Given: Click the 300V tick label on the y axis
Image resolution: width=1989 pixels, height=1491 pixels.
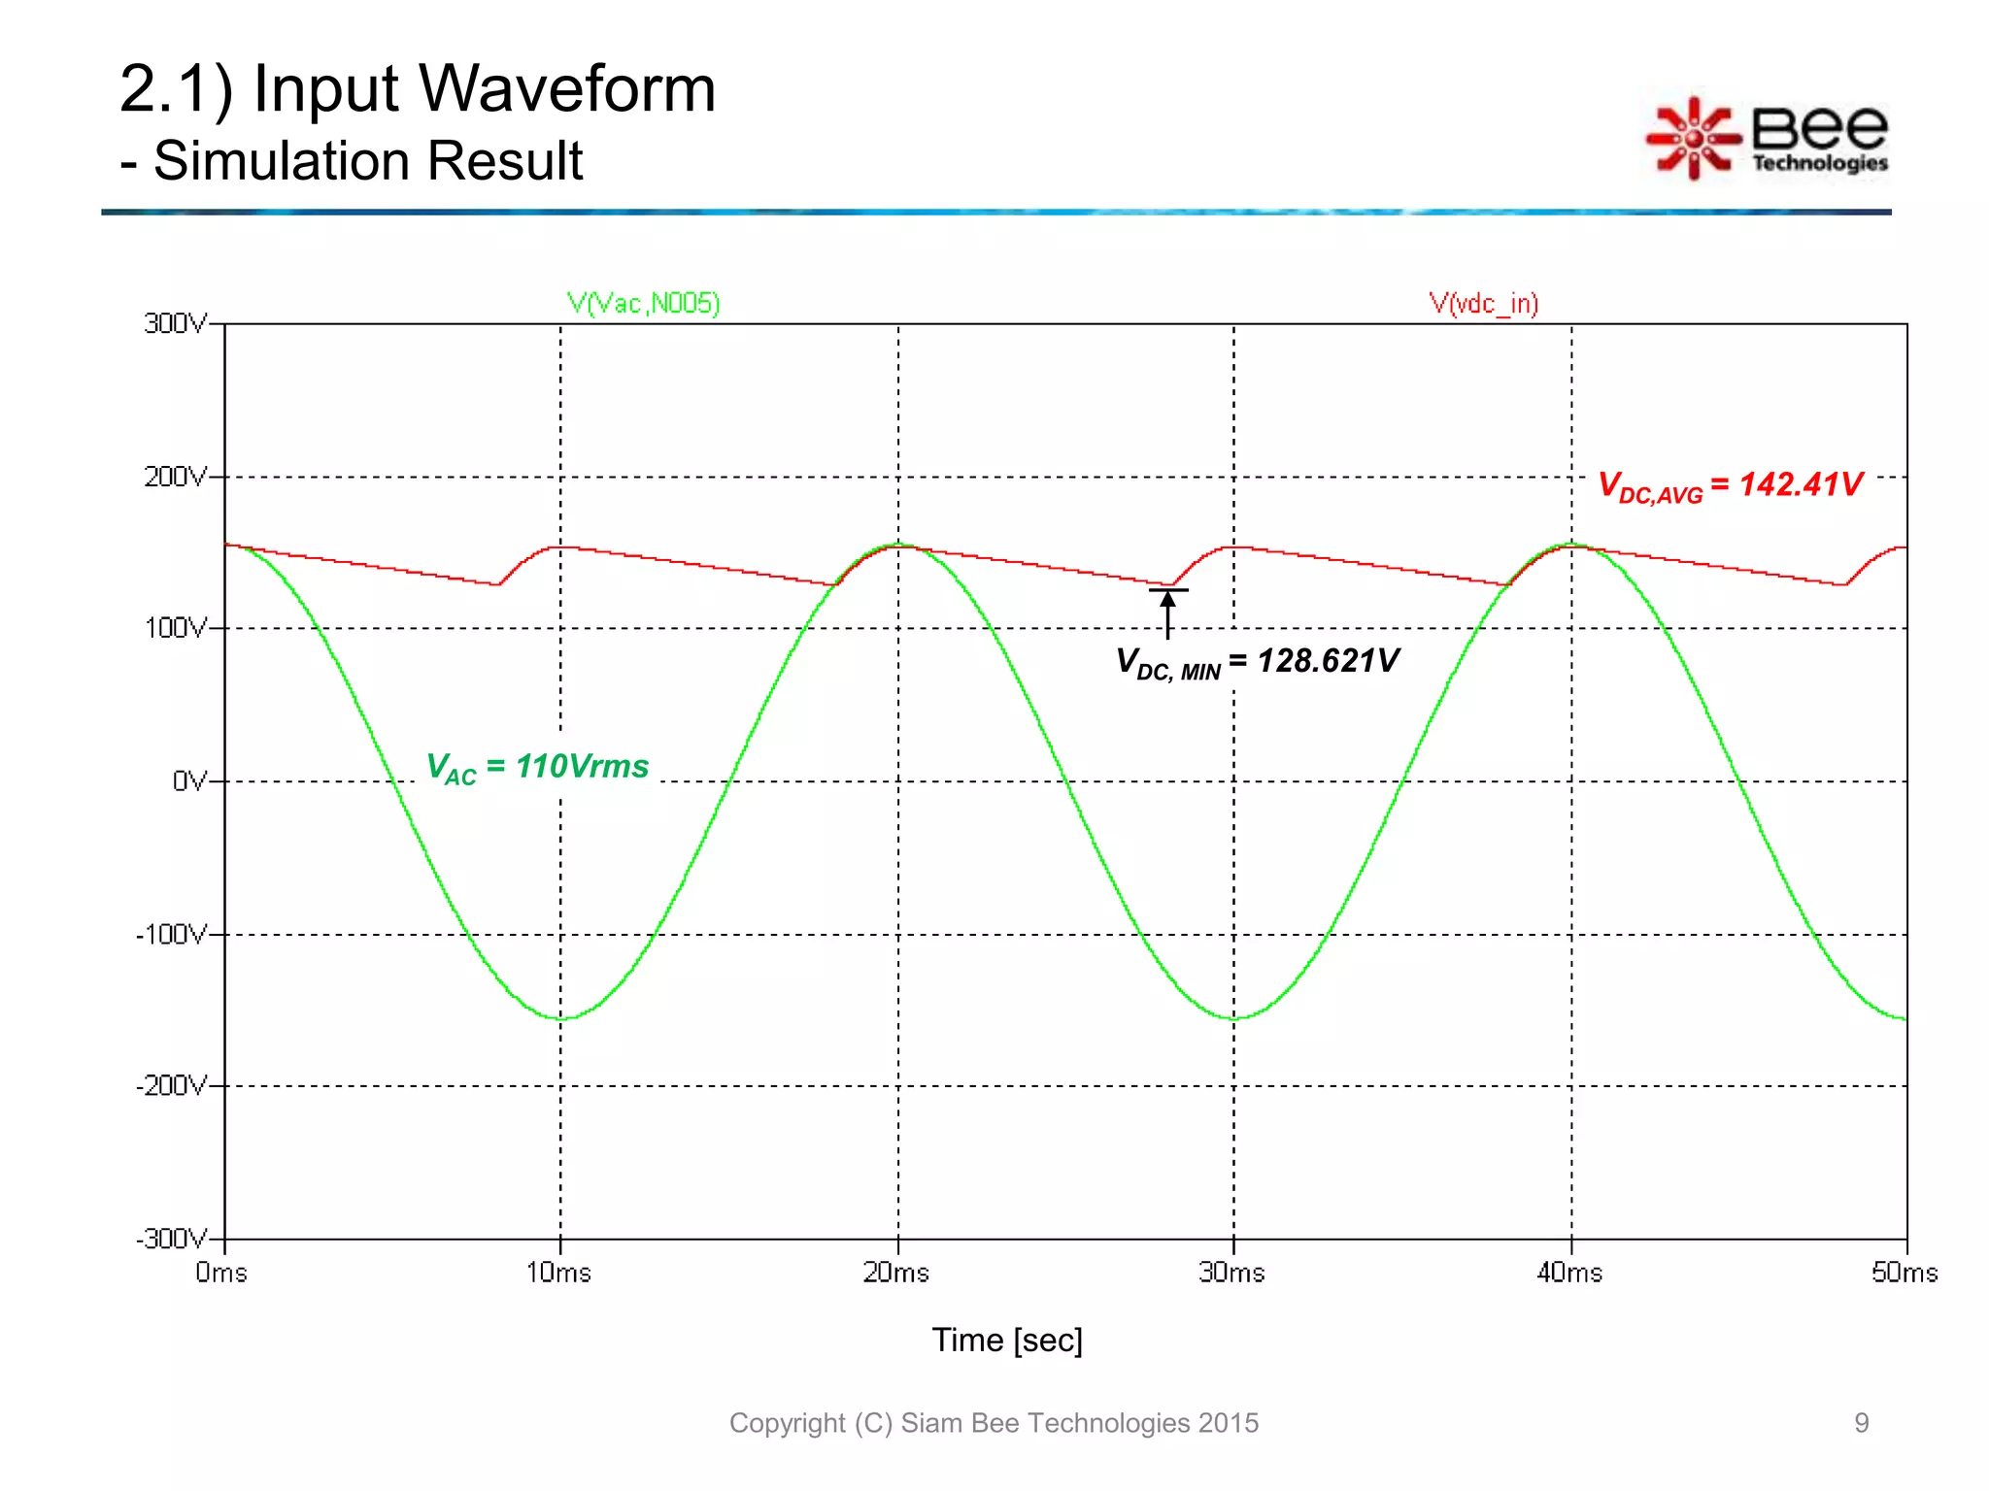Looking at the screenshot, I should [x=176, y=323].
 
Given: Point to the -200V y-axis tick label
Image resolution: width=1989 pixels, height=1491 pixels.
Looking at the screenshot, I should [x=172, y=1085].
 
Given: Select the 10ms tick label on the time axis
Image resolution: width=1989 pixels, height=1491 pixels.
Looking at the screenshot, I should [x=558, y=1273].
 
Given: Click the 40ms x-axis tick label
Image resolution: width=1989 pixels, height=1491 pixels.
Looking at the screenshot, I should [x=1569, y=1273].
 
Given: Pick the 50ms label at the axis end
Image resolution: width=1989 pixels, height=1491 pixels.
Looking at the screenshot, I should [x=1904, y=1273].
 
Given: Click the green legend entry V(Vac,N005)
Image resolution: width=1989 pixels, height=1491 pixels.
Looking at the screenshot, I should [x=643, y=304].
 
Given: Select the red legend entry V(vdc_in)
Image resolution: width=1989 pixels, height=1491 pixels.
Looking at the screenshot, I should [x=1483, y=304].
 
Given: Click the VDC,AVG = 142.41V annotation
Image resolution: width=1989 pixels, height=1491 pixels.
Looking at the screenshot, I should [x=1730, y=485].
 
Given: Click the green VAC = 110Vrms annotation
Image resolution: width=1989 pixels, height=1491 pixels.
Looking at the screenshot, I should [x=537, y=768].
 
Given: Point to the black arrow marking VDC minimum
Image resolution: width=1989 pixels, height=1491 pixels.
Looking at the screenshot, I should [x=1167, y=612].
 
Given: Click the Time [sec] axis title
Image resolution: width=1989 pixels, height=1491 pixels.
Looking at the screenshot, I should [x=1007, y=1341].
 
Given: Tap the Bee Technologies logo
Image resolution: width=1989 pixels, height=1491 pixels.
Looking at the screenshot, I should [x=1768, y=139].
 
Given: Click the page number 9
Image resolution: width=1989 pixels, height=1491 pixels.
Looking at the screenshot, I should [x=1861, y=1423].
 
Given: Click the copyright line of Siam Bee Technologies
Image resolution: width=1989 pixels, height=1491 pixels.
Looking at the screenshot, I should [x=994, y=1423].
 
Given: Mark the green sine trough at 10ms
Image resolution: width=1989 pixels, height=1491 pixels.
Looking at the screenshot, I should [x=561, y=1018].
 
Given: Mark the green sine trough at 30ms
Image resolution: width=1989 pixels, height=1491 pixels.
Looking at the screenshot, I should [x=1234, y=1018].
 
